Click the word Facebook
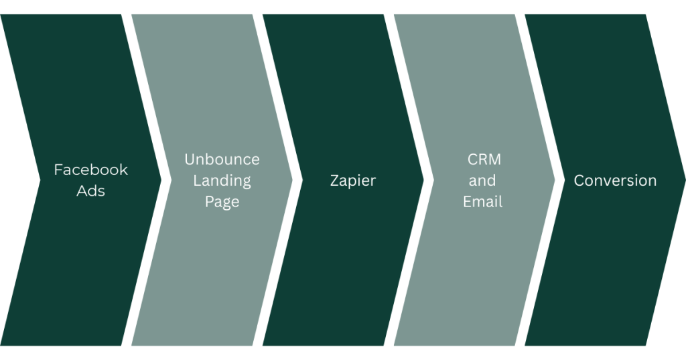[x=90, y=170]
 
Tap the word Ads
[x=90, y=190]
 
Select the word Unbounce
[x=222, y=160]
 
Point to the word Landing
[x=222, y=180]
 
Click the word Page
[x=222, y=202]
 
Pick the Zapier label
[x=353, y=180]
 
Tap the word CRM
[x=484, y=160]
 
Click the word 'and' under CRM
[x=482, y=180]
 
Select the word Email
[x=482, y=201]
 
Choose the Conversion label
[x=615, y=180]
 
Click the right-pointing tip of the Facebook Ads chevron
[x=161, y=180]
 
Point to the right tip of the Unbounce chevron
[x=292, y=180]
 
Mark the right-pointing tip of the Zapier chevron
[x=423, y=180]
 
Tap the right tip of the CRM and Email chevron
[x=555, y=180]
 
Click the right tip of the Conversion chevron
[x=685, y=180]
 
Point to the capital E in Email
[x=467, y=201]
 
